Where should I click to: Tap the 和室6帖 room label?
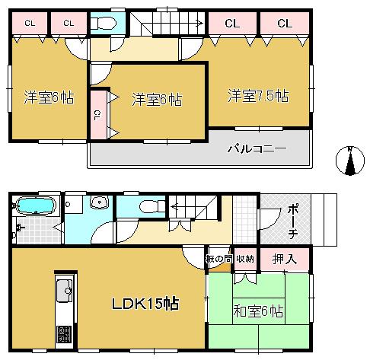tap(259, 311)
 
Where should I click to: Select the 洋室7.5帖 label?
tap(258, 97)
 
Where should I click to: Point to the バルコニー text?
tap(255, 148)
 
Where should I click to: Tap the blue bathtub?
tap(34, 207)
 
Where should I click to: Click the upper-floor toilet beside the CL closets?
tap(104, 23)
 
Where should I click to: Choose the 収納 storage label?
tap(245, 259)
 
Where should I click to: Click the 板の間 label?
tap(218, 259)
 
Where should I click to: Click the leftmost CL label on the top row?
tap(30, 23)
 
